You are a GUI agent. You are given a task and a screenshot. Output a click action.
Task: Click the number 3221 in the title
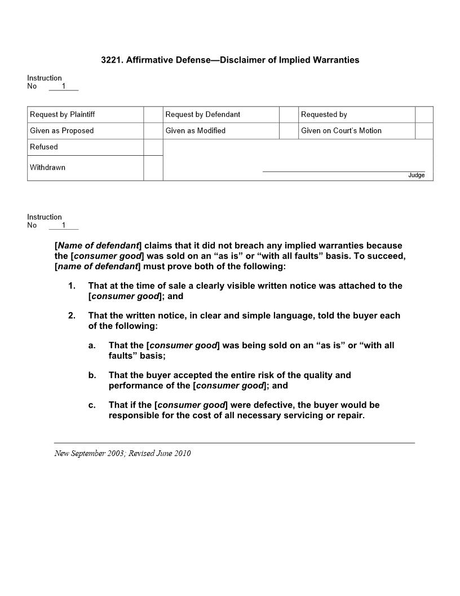(x=111, y=60)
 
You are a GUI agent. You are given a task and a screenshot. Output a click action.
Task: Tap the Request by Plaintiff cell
(x=63, y=115)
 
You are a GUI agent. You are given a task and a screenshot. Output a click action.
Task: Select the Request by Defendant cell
(x=203, y=115)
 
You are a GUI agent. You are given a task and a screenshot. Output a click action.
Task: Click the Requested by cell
(x=324, y=115)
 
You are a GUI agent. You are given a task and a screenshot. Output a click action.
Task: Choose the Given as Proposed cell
(x=62, y=131)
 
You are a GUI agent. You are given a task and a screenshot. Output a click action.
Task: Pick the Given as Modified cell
(x=196, y=131)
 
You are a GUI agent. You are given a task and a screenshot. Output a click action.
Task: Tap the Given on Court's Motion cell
(x=341, y=131)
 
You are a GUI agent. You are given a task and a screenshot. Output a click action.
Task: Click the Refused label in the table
(x=44, y=147)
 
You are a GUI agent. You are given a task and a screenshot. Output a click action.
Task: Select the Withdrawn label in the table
(x=47, y=168)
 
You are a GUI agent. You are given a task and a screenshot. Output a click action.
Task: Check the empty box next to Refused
(x=153, y=147)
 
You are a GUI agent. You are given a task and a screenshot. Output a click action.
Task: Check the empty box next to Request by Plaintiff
(x=153, y=115)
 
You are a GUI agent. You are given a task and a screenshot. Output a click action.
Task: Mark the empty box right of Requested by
(x=424, y=115)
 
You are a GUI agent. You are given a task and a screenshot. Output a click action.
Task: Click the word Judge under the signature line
(x=417, y=176)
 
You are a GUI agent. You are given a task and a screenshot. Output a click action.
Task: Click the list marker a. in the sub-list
(x=92, y=345)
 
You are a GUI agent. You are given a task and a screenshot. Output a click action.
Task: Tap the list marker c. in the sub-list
(x=92, y=405)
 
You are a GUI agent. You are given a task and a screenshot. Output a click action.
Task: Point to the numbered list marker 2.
(x=72, y=315)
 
